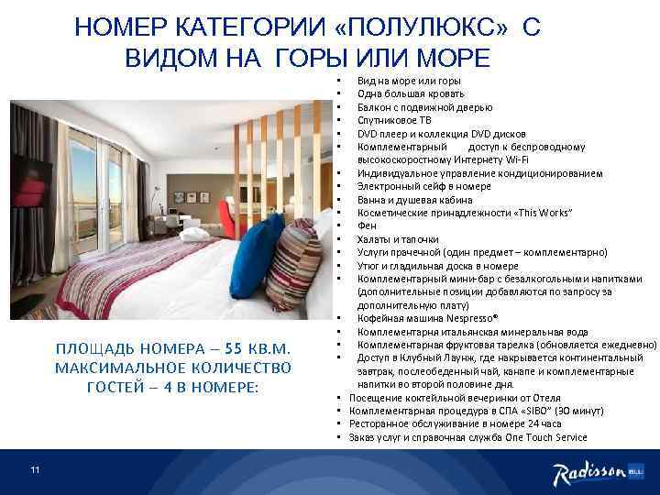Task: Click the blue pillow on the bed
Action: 254,257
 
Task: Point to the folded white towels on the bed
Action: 195,236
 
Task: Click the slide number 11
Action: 34,470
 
